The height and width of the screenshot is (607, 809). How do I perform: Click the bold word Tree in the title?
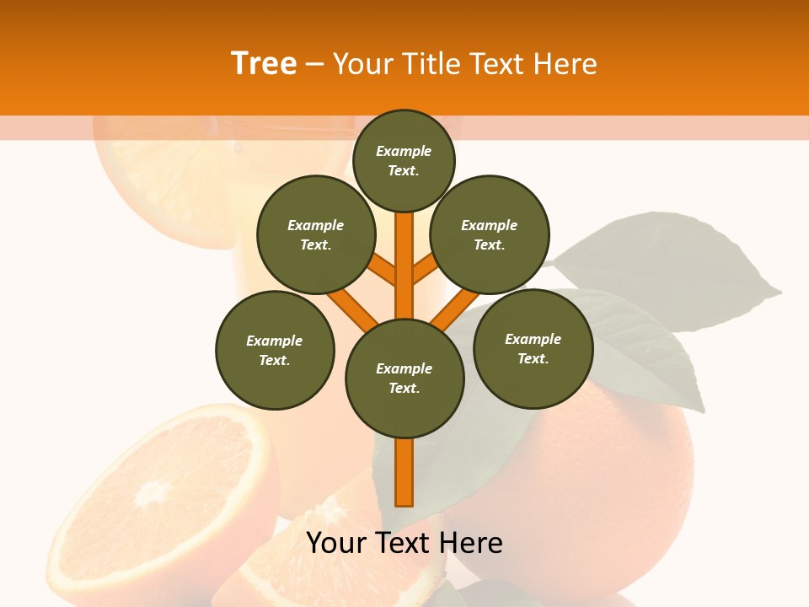(x=264, y=64)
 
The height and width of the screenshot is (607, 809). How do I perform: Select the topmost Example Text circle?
(x=404, y=160)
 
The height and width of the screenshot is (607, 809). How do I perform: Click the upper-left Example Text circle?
(x=316, y=234)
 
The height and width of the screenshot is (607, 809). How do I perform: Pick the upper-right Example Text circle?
(x=490, y=234)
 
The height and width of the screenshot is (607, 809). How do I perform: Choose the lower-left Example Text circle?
(x=275, y=350)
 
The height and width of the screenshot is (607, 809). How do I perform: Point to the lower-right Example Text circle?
(x=533, y=348)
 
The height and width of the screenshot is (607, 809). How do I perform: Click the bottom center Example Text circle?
(x=404, y=379)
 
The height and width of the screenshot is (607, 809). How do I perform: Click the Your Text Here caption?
(x=404, y=543)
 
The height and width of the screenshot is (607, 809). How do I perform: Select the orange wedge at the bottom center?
(x=337, y=548)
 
